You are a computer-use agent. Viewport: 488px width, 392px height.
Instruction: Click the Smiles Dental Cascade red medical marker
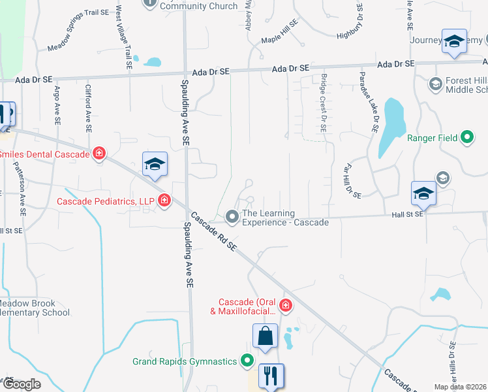99,154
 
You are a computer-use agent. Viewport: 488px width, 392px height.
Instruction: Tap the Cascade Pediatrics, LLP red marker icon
164,200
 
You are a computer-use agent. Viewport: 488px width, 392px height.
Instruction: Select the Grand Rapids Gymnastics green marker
247,360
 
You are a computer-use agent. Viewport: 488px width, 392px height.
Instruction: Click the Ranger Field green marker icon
466,138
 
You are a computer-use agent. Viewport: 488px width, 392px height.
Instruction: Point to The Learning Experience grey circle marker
232,216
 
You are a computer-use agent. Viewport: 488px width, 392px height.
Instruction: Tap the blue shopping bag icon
266,336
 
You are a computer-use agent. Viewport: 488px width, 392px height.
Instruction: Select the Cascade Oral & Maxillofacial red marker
285,305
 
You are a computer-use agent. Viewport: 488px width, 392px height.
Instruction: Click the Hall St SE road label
408,214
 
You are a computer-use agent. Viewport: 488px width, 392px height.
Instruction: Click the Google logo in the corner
21,384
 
